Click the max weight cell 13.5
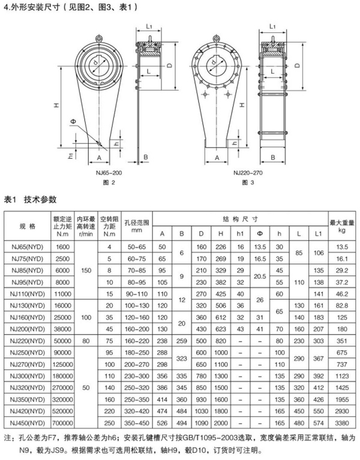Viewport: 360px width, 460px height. pos(343,246)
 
